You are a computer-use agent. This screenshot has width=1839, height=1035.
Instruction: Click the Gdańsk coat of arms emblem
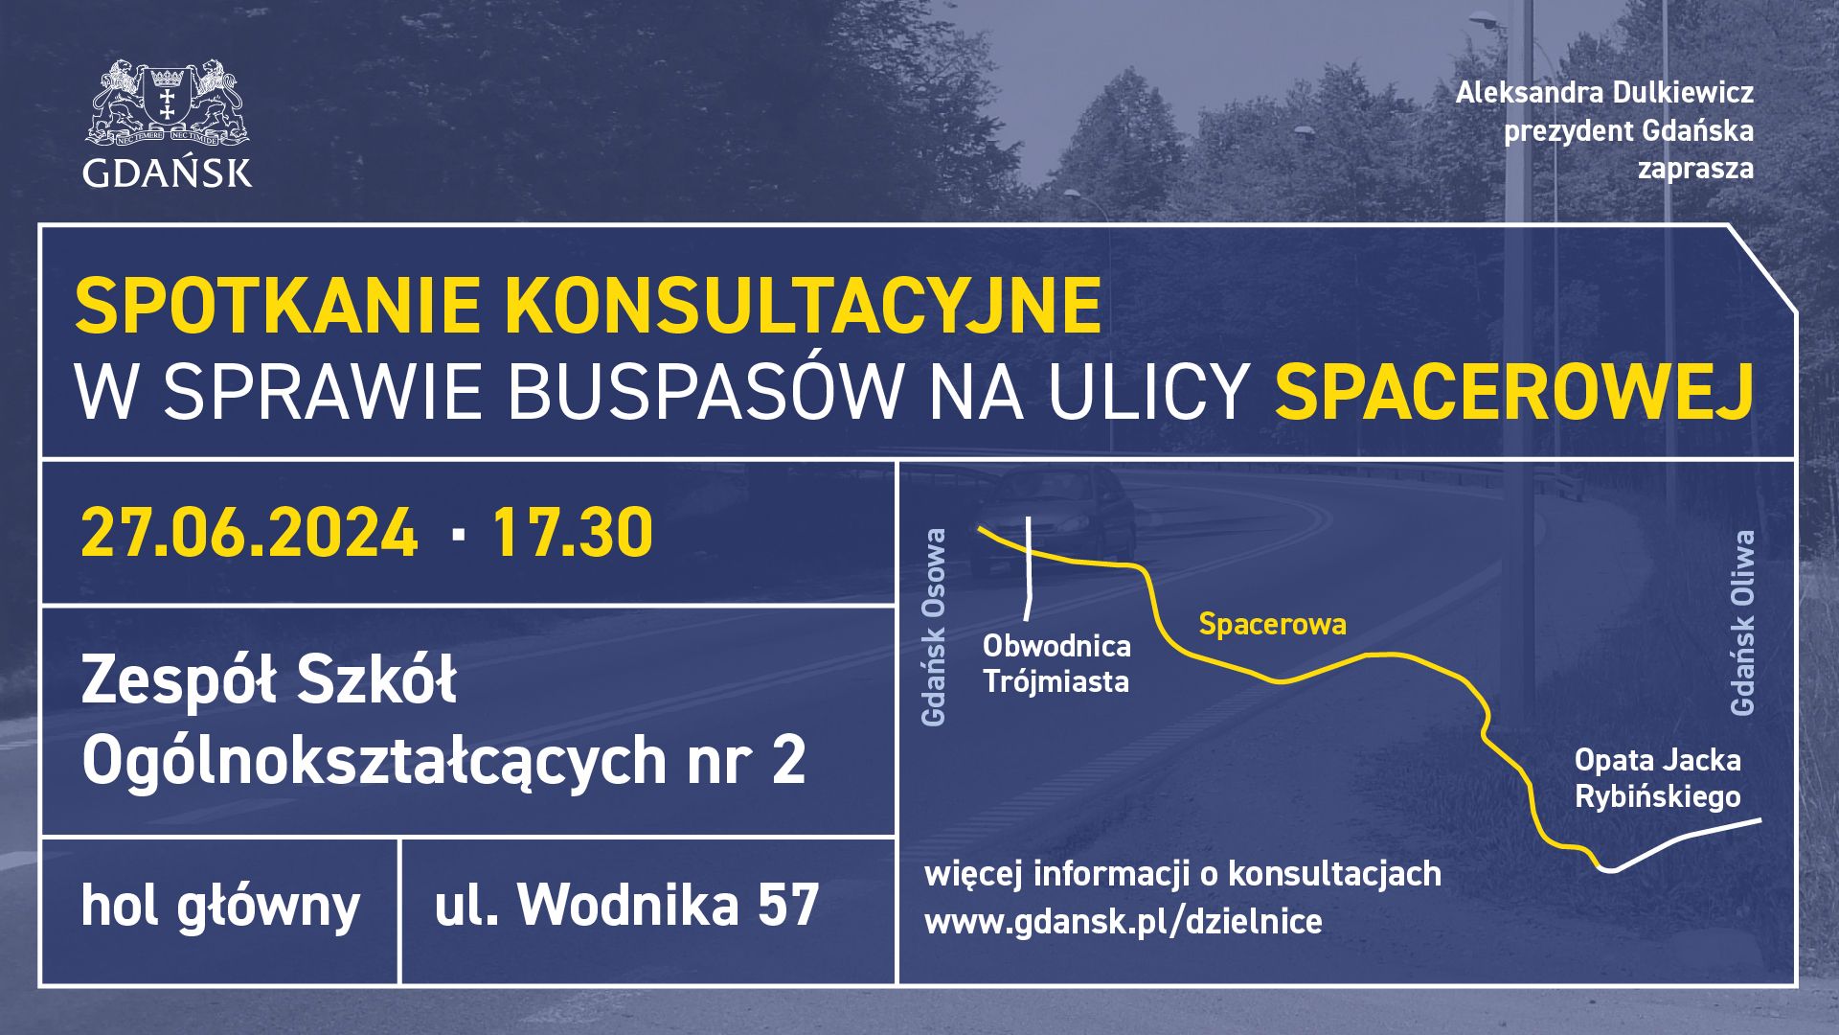168,103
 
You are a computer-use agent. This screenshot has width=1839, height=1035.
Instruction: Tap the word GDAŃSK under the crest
168,172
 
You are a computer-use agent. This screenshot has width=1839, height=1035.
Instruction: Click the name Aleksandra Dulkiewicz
1604,93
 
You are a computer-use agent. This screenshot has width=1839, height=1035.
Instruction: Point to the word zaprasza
1695,170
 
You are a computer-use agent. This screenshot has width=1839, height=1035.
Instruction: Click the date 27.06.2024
250,533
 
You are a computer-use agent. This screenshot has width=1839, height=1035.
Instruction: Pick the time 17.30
573,533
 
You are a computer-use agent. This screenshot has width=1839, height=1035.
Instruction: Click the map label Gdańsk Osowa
933,627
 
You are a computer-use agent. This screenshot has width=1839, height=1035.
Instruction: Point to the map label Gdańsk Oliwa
1742,623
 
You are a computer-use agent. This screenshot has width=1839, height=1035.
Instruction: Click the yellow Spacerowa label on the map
1273,625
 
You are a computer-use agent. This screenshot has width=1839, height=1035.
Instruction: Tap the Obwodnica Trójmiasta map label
1056,663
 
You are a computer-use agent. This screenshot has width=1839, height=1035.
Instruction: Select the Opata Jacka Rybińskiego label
1658,778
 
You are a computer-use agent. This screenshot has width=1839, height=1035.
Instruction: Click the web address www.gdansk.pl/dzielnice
1124,921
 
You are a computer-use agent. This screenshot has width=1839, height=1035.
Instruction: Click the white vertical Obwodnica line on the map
1030,568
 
